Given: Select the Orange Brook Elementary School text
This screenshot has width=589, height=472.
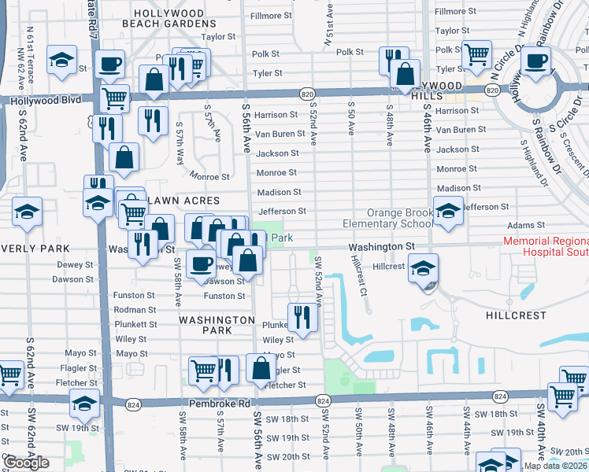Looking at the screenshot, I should coord(387,219).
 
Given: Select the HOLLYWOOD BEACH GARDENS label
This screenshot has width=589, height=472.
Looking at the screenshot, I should coord(179,19).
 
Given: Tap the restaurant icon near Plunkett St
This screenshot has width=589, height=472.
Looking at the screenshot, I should coord(302,316).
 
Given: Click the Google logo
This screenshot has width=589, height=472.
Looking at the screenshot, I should coord(27,463).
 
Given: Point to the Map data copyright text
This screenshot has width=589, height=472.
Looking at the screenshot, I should coord(554,466).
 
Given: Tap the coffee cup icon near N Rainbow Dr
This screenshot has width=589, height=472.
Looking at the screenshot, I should coord(537,61).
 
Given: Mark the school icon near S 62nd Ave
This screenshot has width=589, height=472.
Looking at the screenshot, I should coord(28,212).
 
